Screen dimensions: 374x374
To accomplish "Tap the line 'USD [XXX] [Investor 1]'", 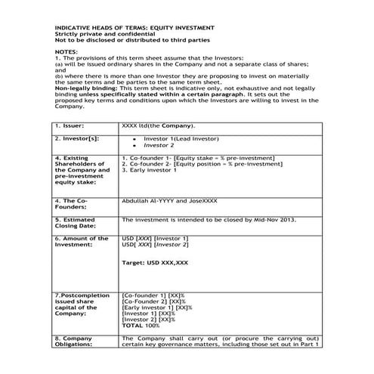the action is click(155, 238).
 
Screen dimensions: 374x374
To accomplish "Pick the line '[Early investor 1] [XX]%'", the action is click(157, 308).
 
